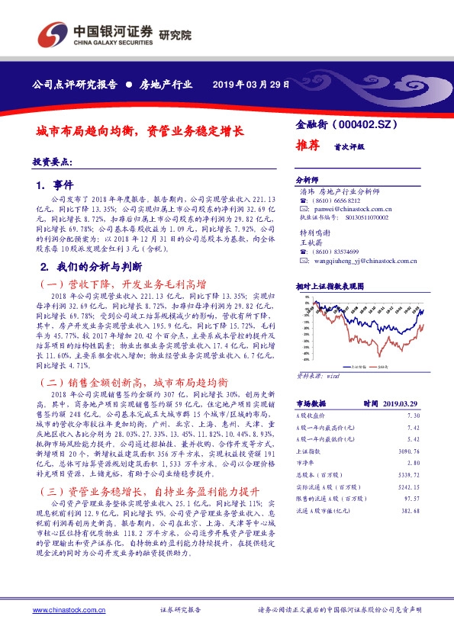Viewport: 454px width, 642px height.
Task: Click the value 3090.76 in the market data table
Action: (407, 453)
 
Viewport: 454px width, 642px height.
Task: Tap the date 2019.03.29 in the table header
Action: (400, 403)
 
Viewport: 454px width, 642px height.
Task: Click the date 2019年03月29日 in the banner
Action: (251, 84)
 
